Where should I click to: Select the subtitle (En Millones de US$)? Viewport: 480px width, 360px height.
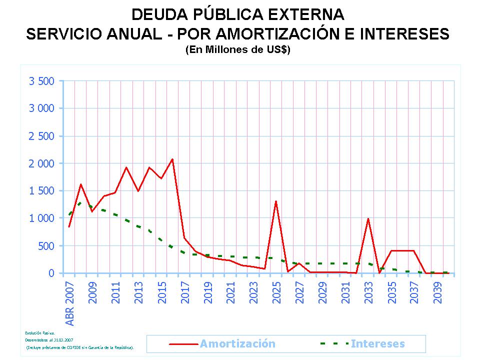coord(237,50)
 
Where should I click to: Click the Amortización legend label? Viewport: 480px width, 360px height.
coord(237,343)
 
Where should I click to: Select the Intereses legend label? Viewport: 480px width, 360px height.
coord(377,343)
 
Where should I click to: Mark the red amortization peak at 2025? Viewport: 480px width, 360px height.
coord(276,201)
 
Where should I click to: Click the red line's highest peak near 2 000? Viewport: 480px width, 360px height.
coord(172,159)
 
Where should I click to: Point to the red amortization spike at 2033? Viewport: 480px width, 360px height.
coord(368,218)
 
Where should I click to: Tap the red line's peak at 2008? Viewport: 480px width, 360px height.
coord(80,184)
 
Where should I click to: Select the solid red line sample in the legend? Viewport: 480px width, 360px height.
coord(184,344)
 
